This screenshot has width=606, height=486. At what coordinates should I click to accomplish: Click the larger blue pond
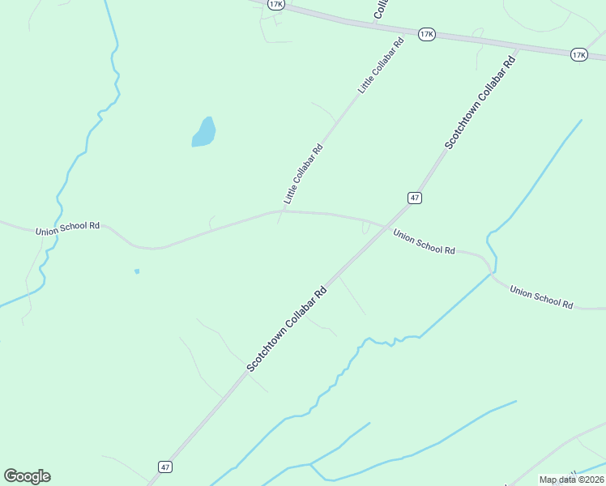204,132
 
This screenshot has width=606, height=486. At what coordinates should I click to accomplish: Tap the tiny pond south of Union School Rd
137,271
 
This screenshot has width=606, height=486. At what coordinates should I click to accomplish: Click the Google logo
27,476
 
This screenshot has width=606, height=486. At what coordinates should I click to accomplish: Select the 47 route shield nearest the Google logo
165,467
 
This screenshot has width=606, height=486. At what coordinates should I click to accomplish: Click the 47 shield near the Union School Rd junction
414,198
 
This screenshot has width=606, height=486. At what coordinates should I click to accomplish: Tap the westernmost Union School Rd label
67,228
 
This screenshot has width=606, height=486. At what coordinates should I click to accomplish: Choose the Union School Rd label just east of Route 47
424,241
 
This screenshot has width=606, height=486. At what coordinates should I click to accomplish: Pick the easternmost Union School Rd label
541,296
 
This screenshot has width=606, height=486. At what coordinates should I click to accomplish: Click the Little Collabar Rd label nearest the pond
303,174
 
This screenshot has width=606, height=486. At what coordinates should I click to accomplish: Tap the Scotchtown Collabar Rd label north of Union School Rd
480,101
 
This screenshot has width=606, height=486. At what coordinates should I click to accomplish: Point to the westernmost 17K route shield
276,4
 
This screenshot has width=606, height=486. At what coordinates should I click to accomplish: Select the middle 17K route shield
427,34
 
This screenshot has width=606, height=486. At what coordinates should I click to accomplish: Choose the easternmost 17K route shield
578,54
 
